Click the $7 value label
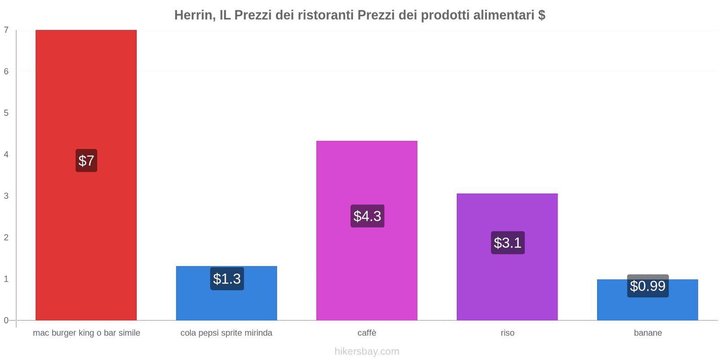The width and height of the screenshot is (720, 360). pos(86,161)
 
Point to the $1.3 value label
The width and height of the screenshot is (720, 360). pos(227,279)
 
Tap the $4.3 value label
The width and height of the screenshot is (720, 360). pos(367,216)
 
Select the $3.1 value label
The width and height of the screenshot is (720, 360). pos(508,243)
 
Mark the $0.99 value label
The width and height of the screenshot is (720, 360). pos(648,286)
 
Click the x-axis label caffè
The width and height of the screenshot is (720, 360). pos(367,333)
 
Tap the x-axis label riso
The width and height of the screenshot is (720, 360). pos(507,333)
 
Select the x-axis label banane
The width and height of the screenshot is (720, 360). pos(648,333)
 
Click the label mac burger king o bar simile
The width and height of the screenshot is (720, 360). pos(86,333)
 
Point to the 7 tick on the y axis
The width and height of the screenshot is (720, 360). pos(6,30)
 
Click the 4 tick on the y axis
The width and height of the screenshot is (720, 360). pos(6,155)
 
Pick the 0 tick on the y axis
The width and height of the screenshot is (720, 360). pos(6,320)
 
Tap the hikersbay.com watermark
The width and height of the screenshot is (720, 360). pos(367,351)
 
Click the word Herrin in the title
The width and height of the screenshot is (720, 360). pos(193,15)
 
